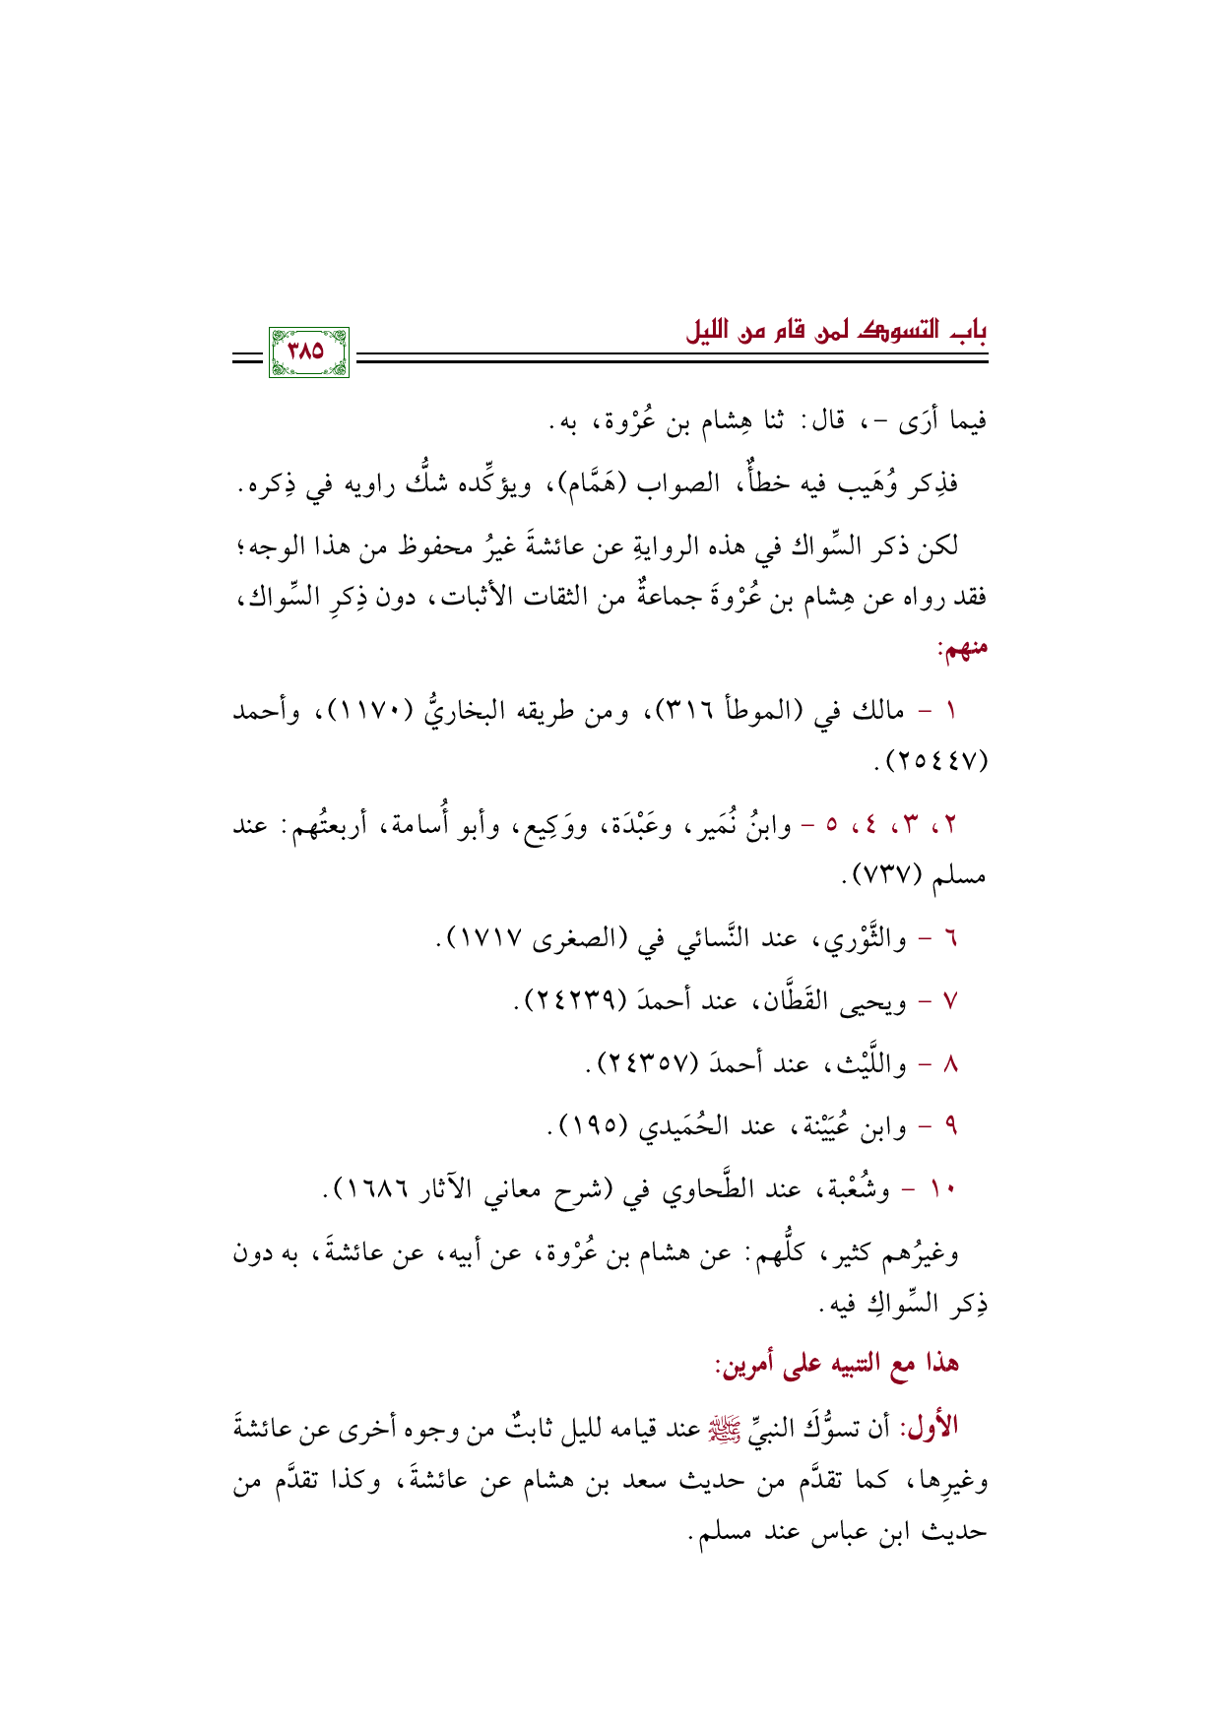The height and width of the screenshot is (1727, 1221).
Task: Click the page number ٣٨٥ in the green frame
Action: coord(308,351)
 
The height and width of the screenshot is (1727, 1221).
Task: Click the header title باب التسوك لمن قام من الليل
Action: coord(836,331)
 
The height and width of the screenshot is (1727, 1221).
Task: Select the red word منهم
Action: coord(962,649)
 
